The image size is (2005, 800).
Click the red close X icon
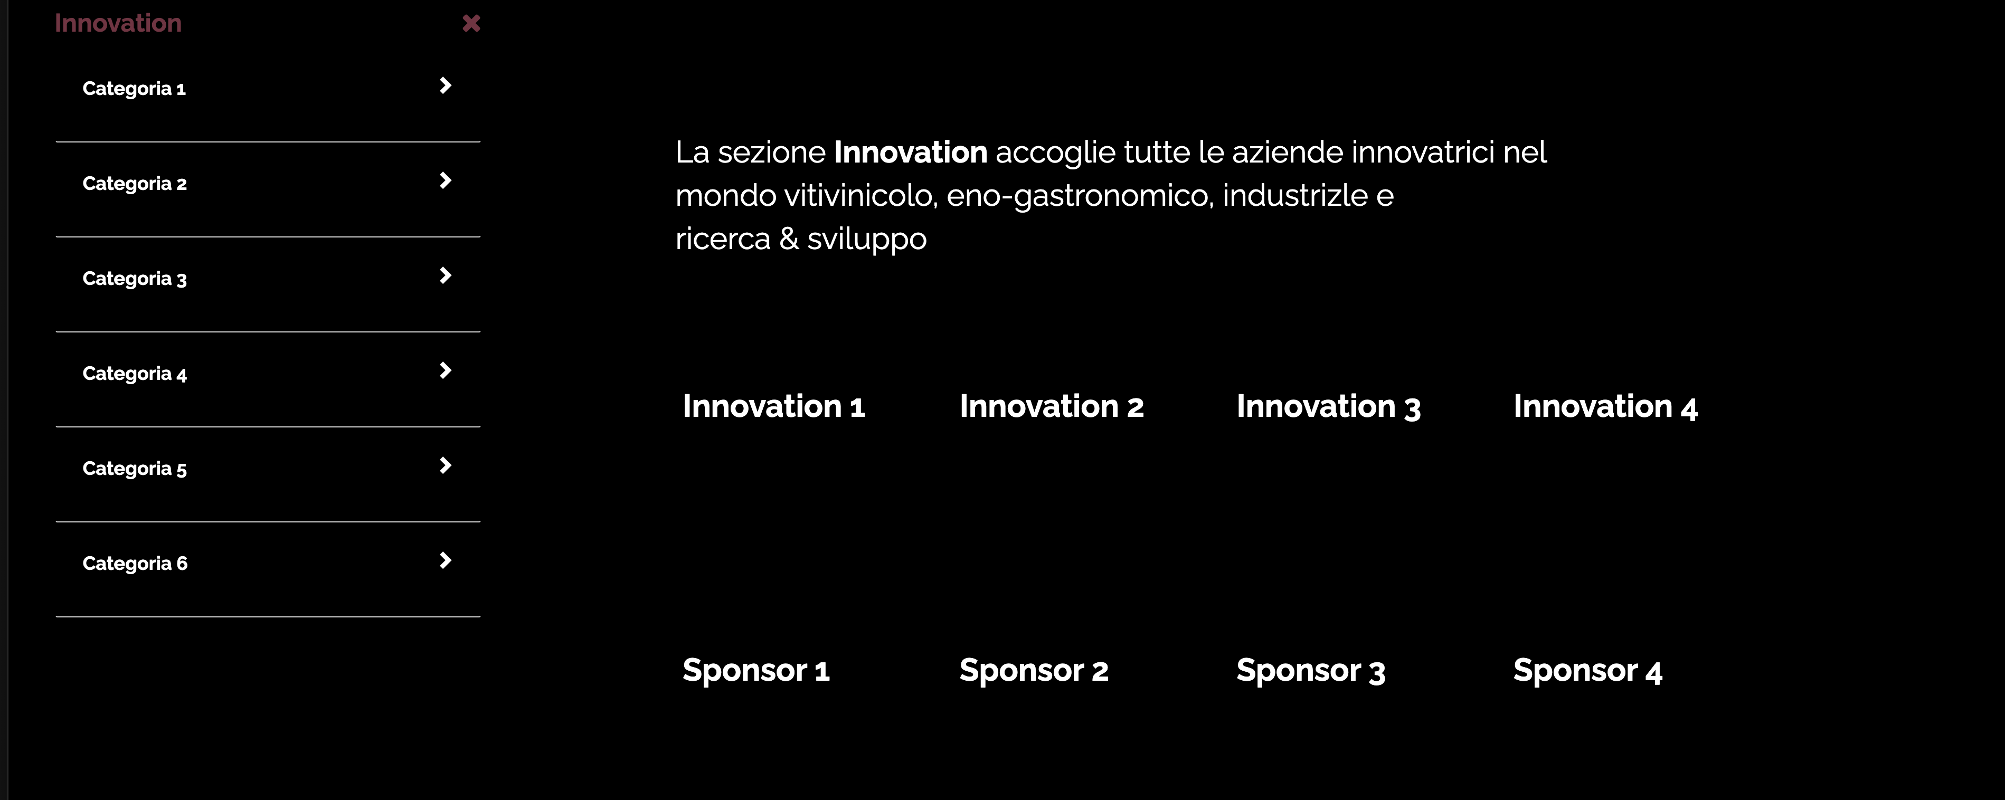point(471,23)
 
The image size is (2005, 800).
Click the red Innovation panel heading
point(118,23)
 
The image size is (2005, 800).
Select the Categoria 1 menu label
point(134,89)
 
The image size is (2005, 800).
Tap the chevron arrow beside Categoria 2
point(445,180)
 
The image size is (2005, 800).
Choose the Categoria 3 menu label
point(135,279)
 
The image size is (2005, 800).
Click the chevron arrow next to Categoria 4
point(445,370)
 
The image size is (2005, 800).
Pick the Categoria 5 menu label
point(135,469)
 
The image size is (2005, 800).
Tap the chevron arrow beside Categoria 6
point(445,560)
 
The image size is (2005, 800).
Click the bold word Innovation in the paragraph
point(911,152)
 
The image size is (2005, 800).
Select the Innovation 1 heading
point(774,406)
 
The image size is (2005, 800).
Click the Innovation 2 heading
point(1052,406)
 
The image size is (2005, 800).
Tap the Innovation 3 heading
point(1329,406)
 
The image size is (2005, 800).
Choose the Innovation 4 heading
point(1606,406)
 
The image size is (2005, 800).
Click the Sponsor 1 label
point(756,670)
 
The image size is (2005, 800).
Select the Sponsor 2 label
point(1034,670)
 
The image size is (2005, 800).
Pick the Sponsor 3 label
point(1311,670)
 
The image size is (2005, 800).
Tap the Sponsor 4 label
point(1588,670)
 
